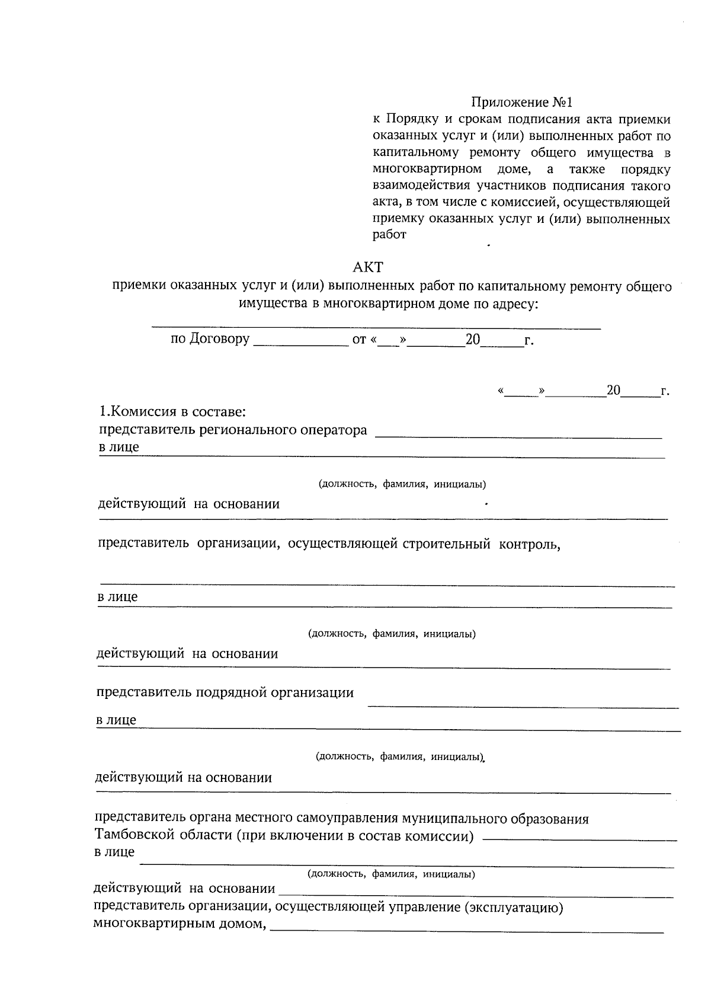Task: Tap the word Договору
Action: pyautogui.click(x=219, y=339)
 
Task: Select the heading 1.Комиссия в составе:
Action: pyautogui.click(x=172, y=411)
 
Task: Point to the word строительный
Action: pyautogui.click(x=447, y=544)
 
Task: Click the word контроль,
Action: pyautogui.click(x=530, y=544)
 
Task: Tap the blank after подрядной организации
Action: pyautogui.click(x=523, y=705)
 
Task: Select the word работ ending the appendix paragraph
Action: pyautogui.click(x=389, y=235)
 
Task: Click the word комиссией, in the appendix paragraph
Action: pyautogui.click(x=523, y=203)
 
